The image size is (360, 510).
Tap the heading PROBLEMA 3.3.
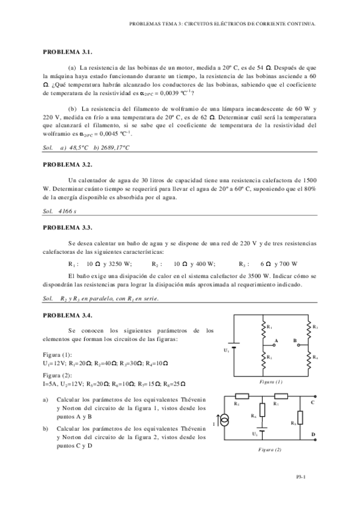point(66,228)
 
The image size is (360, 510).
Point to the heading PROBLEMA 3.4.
point(66,315)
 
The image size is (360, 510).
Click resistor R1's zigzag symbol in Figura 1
point(263,328)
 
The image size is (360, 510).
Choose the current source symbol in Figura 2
point(225,424)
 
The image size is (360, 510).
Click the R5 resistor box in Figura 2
point(242,396)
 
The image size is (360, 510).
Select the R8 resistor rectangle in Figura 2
point(301,417)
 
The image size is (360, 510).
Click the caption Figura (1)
point(270,382)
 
